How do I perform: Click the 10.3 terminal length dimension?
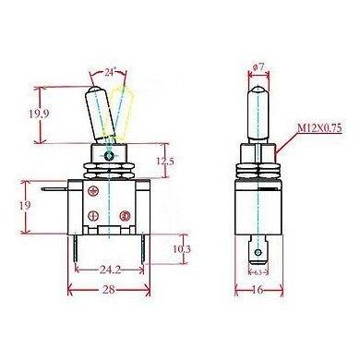pyautogui.click(x=181, y=248)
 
